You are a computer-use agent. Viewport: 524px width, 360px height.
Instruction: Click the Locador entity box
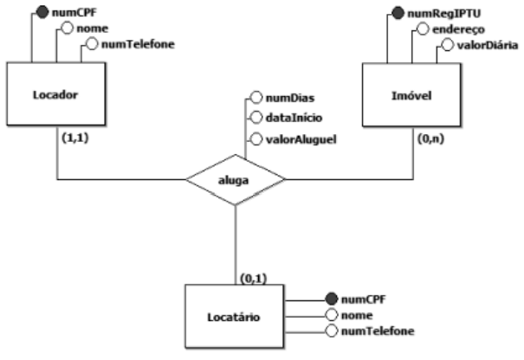tap(57, 96)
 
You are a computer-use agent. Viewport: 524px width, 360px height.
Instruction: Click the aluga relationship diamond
tap(236, 179)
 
